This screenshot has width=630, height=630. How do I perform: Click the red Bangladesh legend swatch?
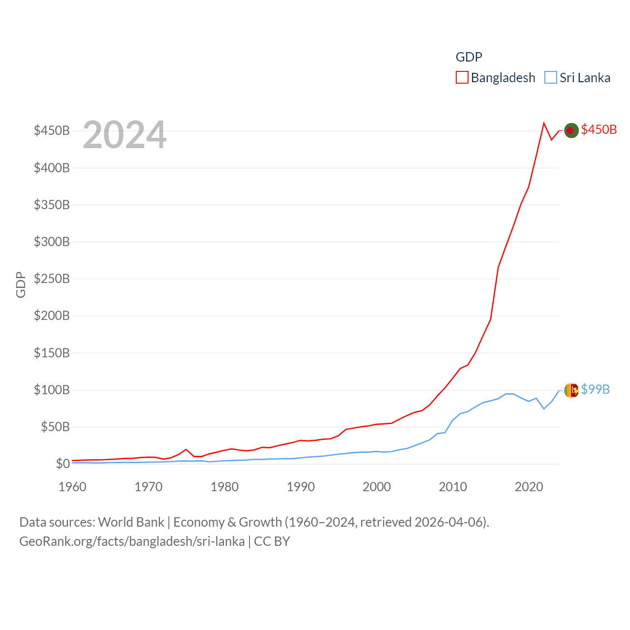pyautogui.click(x=462, y=78)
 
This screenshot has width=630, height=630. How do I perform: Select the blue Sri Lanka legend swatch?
pyautogui.click(x=551, y=78)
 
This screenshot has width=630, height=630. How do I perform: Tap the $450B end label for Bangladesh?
pyautogui.click(x=598, y=129)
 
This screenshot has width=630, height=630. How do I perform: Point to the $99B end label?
pyautogui.click(x=595, y=389)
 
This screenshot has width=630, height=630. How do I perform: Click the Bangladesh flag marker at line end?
pyautogui.click(x=571, y=130)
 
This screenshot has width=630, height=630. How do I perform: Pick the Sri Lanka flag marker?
pyautogui.click(x=571, y=390)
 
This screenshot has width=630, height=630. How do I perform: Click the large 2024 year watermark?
pyautogui.click(x=125, y=135)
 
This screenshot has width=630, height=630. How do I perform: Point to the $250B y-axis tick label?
pyautogui.click(x=52, y=279)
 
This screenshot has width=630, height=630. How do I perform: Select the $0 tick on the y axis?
pyautogui.click(x=63, y=464)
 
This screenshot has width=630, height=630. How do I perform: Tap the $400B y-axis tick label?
pyautogui.click(x=52, y=168)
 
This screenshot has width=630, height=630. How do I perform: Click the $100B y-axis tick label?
pyautogui.click(x=52, y=390)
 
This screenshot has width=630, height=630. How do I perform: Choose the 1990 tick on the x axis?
pyautogui.click(x=300, y=487)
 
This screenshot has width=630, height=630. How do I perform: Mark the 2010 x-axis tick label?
pyautogui.click(x=452, y=487)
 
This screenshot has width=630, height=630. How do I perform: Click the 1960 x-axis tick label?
pyautogui.click(x=72, y=487)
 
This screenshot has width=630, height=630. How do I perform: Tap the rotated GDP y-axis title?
pyautogui.click(x=21, y=284)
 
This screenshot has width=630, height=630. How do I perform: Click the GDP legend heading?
pyautogui.click(x=469, y=57)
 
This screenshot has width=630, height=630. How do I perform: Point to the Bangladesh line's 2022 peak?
pyautogui.click(x=544, y=123)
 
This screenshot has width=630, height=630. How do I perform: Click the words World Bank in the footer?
pyautogui.click(x=131, y=522)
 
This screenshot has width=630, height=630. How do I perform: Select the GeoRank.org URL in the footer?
pyautogui.click(x=132, y=541)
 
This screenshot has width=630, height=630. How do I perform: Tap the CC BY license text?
pyautogui.click(x=272, y=541)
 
